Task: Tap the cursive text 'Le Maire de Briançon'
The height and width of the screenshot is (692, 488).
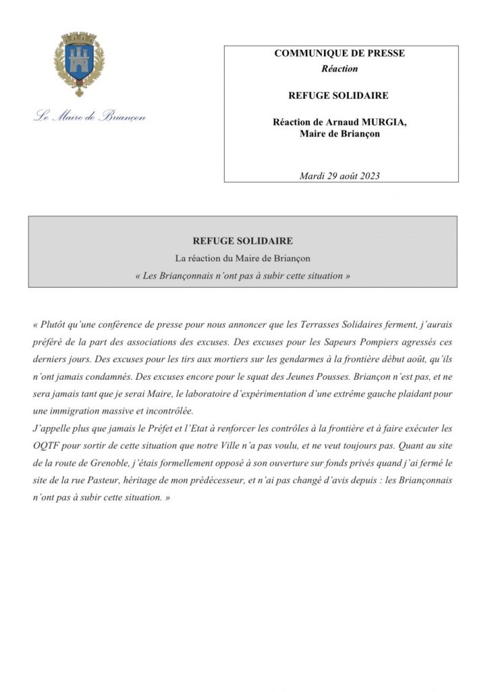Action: click(90, 116)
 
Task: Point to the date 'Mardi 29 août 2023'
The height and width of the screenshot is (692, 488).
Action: click(340, 176)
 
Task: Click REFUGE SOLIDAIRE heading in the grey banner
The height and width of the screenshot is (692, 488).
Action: click(242, 241)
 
